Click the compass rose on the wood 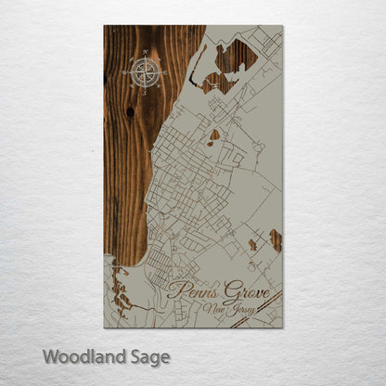144,71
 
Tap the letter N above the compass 144,52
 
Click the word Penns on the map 191,290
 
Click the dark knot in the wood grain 131,111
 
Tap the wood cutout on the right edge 276,240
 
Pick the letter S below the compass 144,92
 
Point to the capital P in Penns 176,290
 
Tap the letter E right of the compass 164,71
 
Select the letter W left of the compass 124,71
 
